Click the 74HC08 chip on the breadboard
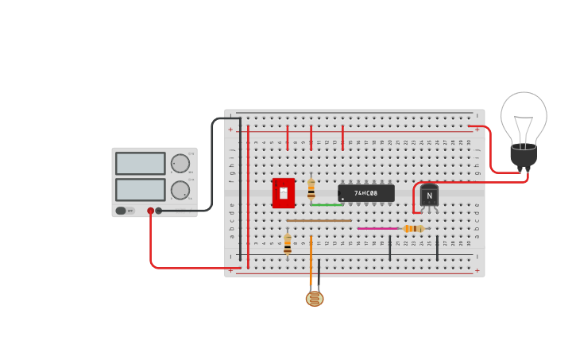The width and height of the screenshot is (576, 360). (x=366, y=193)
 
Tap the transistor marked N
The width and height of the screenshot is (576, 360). (x=429, y=195)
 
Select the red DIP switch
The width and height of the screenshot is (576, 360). (x=284, y=192)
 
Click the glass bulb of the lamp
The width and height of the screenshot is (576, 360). (x=524, y=118)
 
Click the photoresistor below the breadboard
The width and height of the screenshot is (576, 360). (x=315, y=299)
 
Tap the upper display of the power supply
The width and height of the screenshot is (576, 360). (x=141, y=164)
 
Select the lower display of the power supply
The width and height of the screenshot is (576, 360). (x=141, y=190)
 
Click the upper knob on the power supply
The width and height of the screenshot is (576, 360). (x=180, y=164)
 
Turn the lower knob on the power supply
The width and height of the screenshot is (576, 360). (x=180, y=191)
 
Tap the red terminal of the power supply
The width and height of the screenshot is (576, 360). (x=150, y=211)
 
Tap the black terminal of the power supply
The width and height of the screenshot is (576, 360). (x=159, y=211)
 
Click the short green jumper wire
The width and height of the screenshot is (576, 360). (x=327, y=205)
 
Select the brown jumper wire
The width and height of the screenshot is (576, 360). (x=319, y=220)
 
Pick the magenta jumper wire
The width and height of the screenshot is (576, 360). (x=377, y=229)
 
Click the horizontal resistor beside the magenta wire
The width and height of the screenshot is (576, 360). (x=413, y=229)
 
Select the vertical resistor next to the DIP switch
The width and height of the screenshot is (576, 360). (x=311, y=188)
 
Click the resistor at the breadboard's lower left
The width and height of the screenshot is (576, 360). (x=288, y=243)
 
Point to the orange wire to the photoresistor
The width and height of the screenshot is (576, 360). (x=311, y=262)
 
